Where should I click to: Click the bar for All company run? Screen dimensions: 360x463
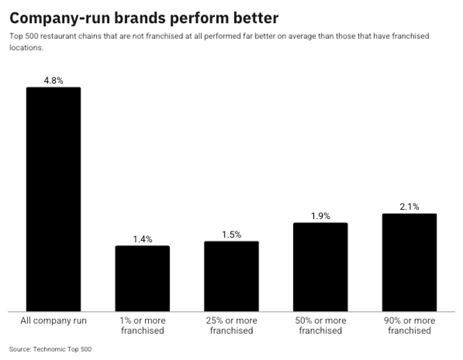tap(53, 199)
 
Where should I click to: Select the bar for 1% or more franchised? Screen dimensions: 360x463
tap(142, 278)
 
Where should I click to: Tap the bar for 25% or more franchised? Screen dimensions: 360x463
tap(231, 276)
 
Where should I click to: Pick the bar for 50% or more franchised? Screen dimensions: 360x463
tap(320, 267)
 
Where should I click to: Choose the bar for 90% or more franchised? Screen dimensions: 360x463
tap(409, 262)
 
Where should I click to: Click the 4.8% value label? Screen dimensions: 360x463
tap(53, 81)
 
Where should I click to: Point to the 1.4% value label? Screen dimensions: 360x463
tap(142, 239)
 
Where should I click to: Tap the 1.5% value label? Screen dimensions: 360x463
tap(231, 235)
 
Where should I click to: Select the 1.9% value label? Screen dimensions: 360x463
tap(320, 216)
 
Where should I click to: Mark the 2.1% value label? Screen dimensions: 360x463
tap(409, 207)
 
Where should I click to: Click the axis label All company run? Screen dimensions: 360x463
tap(53, 321)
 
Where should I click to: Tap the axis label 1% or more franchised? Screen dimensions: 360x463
tap(142, 326)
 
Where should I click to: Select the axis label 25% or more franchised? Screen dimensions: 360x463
tap(231, 326)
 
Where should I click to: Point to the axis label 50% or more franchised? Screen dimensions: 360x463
tap(320, 326)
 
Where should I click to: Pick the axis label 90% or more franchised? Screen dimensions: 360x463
tap(409, 326)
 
